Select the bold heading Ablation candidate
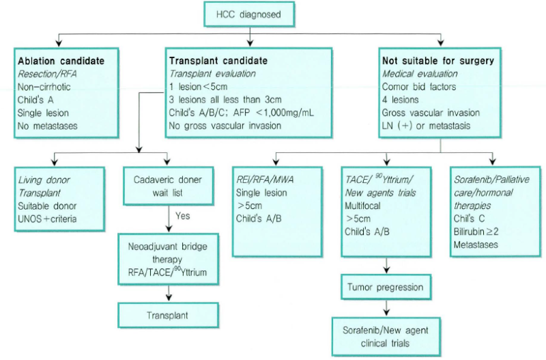(x=61, y=61)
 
